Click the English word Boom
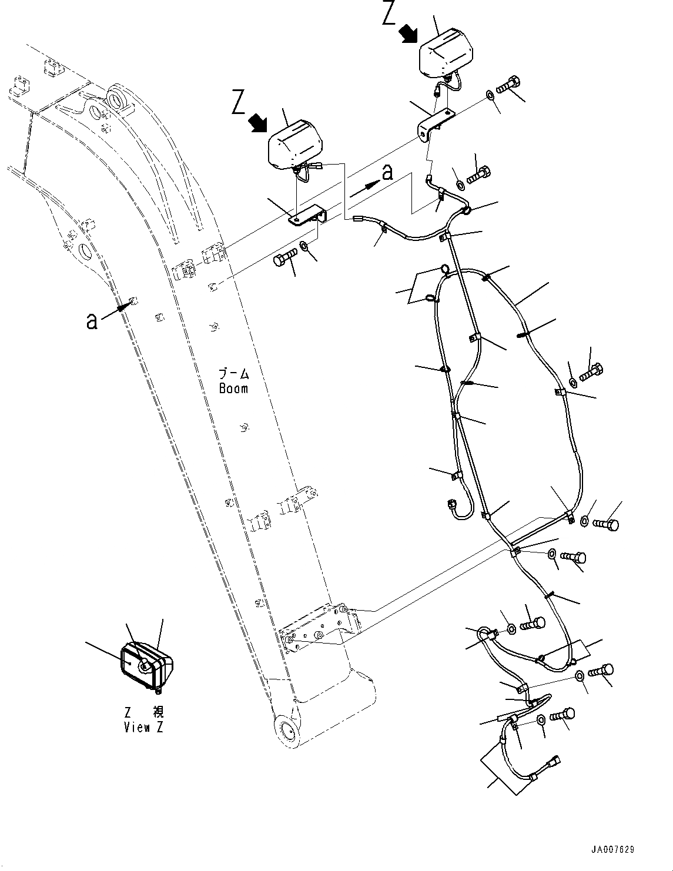233,388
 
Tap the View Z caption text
144,727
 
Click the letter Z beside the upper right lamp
389,14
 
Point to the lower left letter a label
91,321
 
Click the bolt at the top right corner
508,85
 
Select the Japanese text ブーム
233,374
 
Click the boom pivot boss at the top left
118,96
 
